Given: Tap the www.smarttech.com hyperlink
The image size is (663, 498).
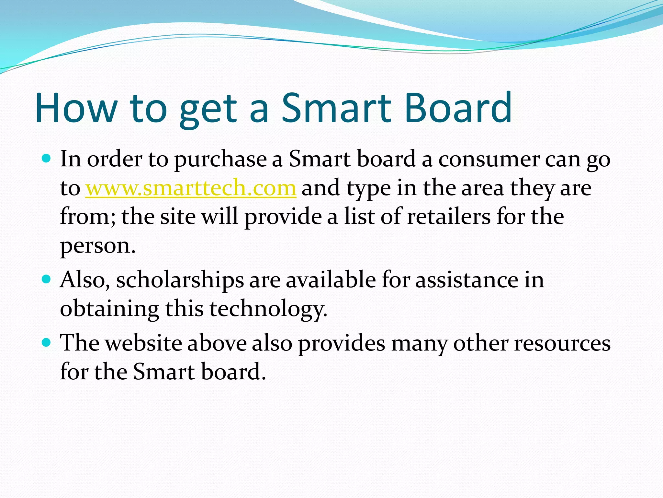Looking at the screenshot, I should point(191,188).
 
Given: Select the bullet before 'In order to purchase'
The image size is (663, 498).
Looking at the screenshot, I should point(47,159).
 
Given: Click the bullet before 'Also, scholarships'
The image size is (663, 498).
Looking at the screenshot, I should point(47,279).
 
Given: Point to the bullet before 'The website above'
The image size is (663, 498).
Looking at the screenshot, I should point(47,342).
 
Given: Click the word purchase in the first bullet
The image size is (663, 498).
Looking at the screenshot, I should point(220,160).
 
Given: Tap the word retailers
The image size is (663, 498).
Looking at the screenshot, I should point(449,217).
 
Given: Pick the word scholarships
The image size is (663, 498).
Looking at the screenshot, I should point(180,280).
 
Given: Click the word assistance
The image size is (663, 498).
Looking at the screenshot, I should point(466,280).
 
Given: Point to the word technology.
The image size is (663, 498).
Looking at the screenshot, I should point(268,309).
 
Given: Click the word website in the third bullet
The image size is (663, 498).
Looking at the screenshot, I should point(144,343).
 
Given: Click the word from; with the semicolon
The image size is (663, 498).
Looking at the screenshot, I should point(88,217).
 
